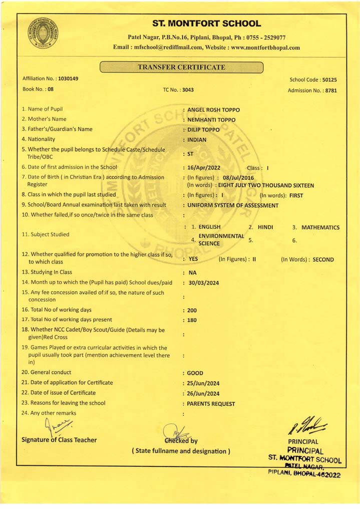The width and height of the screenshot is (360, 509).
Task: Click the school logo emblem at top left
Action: (x=43, y=33)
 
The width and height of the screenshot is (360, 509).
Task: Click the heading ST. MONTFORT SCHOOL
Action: (x=206, y=24)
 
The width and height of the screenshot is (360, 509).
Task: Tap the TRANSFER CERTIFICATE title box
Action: (x=182, y=68)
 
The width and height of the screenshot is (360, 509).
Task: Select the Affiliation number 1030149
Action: (x=68, y=79)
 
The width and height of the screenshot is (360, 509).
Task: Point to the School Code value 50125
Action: (x=329, y=80)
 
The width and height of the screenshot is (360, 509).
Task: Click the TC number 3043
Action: (x=188, y=90)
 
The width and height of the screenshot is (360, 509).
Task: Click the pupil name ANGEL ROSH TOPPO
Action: (x=213, y=110)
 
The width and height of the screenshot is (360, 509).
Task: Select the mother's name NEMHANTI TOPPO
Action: (x=211, y=120)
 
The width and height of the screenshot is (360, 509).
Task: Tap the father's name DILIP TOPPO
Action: (x=203, y=130)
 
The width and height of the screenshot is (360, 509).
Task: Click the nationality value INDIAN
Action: (x=197, y=140)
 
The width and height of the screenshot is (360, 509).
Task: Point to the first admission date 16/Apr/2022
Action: (x=204, y=168)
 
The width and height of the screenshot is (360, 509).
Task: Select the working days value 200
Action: (x=192, y=311)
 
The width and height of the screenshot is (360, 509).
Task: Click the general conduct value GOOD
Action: (x=195, y=373)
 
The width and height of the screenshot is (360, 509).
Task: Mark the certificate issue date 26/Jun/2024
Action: (x=203, y=394)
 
